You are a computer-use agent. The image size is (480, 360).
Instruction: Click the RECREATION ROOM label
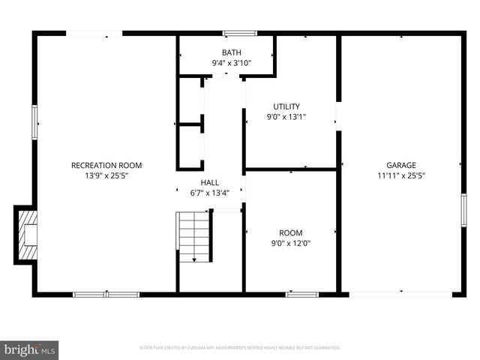click(x=106, y=165)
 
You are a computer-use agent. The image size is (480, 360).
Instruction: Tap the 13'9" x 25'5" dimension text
click(x=106, y=176)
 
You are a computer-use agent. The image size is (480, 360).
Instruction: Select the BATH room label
click(x=231, y=52)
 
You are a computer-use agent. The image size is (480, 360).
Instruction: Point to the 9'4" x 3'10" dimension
click(x=231, y=63)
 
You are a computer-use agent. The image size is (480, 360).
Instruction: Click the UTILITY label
click(x=286, y=106)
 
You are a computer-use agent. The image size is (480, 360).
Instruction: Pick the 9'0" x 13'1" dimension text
click(x=286, y=117)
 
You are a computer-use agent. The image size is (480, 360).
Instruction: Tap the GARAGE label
click(x=401, y=165)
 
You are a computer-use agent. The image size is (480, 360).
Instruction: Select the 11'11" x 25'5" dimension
click(x=401, y=176)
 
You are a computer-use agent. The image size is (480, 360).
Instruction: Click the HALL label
click(x=209, y=183)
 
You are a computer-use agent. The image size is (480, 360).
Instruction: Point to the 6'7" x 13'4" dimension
click(x=209, y=193)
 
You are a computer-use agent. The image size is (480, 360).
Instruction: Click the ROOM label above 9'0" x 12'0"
click(x=291, y=232)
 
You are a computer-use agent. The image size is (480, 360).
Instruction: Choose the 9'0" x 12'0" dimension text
click(x=291, y=243)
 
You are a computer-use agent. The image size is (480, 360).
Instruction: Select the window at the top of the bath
click(x=239, y=33)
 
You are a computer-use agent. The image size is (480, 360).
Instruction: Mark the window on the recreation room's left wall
click(x=34, y=121)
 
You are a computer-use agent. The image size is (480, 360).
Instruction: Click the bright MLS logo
click(x=30, y=349)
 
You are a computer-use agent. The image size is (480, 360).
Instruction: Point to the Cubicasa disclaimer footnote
click(x=240, y=348)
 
